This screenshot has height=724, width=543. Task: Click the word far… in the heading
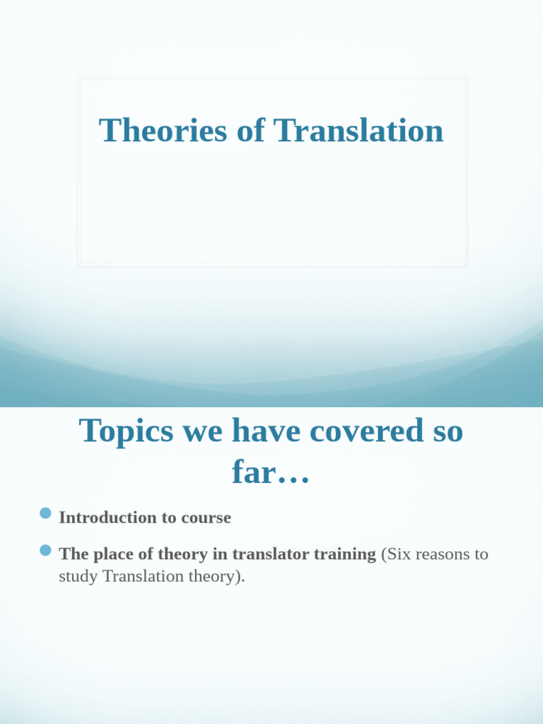(271, 472)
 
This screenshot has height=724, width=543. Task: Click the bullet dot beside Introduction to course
(46, 513)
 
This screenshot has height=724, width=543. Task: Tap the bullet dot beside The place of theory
(46, 550)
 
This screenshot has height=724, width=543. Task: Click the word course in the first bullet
(206, 518)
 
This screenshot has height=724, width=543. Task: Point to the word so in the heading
(446, 431)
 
